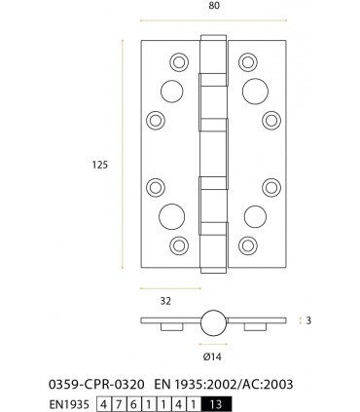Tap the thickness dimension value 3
(307, 319)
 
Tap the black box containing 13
(217, 403)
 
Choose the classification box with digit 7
(118, 403)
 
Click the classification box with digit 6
(131, 403)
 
